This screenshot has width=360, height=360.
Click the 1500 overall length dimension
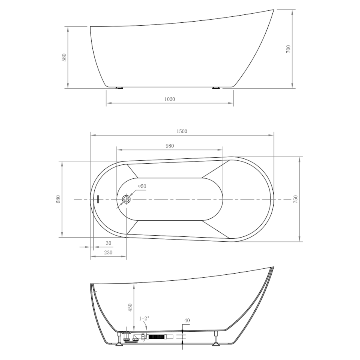click(182, 131)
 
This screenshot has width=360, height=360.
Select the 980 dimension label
click(170, 146)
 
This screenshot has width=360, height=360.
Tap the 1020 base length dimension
click(170, 99)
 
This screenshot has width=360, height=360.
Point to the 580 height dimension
click(64, 57)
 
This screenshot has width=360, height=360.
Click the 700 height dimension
click(288, 49)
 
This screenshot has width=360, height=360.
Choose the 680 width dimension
click(58, 199)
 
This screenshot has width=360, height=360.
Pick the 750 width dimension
click(296, 199)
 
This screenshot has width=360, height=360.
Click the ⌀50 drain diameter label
click(142, 186)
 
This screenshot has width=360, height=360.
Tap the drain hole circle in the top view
click(126, 199)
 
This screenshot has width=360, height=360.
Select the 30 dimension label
click(108, 243)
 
